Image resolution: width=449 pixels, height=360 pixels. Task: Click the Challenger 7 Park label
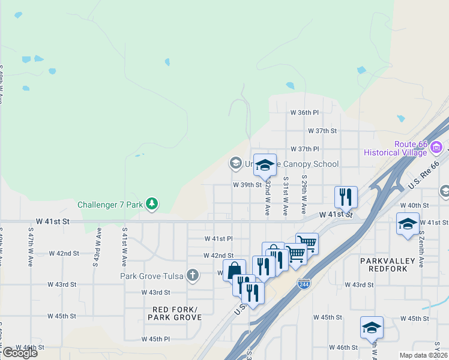tap(110, 205)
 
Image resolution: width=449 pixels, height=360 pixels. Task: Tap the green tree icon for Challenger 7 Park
tap(152, 204)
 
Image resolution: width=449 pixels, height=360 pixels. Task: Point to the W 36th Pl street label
tap(304, 112)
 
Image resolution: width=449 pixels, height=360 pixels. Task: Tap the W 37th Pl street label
tap(304, 149)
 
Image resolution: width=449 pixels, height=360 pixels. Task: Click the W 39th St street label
tap(247, 185)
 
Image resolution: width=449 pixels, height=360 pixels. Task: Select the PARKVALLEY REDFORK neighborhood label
tap(393, 265)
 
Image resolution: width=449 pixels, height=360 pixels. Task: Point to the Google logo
tap(19, 353)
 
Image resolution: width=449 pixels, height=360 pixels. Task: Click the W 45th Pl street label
tap(155, 339)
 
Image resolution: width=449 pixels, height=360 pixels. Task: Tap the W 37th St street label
tap(322, 131)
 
